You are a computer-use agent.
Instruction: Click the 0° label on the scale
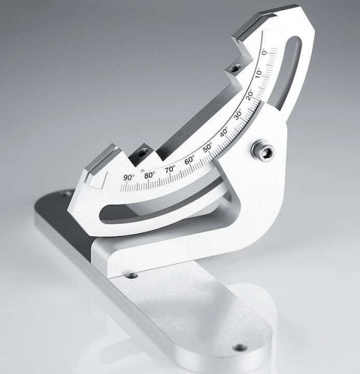coord(264,52)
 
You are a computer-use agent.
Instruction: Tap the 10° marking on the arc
coord(258,73)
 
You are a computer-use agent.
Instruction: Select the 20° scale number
coord(249,95)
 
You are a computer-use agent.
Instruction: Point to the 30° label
coord(238,116)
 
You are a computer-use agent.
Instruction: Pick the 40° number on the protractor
coord(224,133)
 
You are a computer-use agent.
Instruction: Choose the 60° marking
coord(189,160)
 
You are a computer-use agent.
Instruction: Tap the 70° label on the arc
coord(170,169)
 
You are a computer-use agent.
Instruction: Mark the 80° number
coord(150,175)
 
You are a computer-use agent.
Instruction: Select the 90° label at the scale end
coord(129,177)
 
